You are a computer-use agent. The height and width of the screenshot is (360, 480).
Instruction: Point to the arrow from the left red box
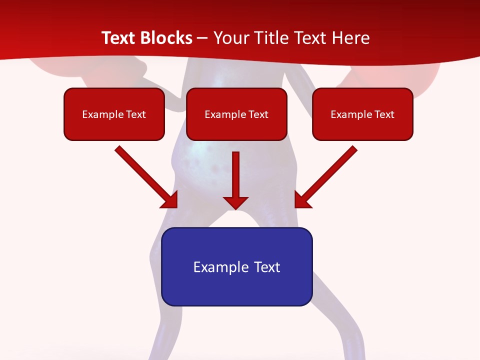point(145,176)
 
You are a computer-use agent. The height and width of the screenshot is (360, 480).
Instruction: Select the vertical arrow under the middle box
point(235,175)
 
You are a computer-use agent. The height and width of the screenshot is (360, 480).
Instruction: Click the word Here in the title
point(351,38)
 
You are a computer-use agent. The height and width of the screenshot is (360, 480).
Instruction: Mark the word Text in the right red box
point(384,114)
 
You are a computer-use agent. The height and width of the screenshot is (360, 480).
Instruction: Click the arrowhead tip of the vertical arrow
point(235,207)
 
